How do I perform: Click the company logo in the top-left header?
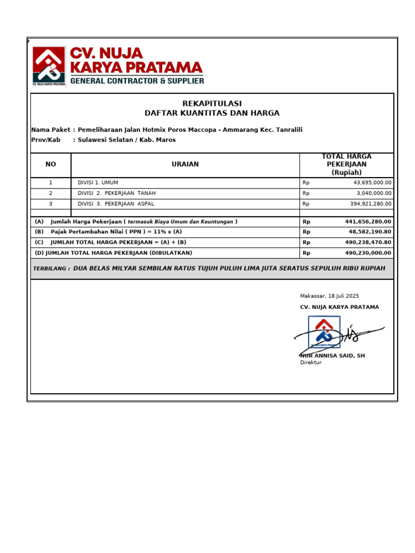(49, 66)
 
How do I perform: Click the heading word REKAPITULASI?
(212, 104)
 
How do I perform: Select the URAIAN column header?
(185, 164)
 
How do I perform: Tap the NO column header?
(51, 164)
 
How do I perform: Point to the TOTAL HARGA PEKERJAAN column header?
(346, 164)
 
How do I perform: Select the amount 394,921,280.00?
(370, 204)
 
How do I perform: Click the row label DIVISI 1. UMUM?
(98, 183)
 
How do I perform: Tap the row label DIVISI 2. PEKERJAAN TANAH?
(117, 193)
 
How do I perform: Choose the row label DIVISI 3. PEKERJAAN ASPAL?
(116, 204)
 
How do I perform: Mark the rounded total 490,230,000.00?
(368, 253)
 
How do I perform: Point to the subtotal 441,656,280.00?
(368, 221)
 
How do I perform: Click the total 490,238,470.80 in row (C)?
(368, 242)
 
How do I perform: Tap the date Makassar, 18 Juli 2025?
(329, 296)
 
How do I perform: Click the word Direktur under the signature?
(311, 363)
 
